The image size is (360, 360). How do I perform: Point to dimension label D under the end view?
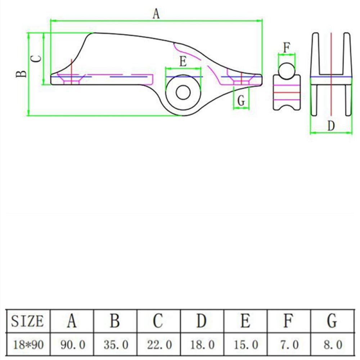point(331,126)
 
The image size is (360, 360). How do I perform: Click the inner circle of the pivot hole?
point(183,93)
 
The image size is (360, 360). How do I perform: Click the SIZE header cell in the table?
point(28,321)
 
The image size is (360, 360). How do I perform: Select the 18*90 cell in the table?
point(28,345)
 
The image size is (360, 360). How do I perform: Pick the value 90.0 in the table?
point(72,345)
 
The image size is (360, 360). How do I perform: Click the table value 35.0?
point(115,345)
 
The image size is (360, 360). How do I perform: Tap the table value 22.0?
point(158,345)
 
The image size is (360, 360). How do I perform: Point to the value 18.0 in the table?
point(202,345)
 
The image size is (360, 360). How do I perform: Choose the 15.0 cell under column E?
point(245,345)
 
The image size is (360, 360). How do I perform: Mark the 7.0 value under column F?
point(288,345)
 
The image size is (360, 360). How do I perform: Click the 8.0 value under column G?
point(332,345)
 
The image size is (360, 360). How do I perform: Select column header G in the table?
point(332,321)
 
